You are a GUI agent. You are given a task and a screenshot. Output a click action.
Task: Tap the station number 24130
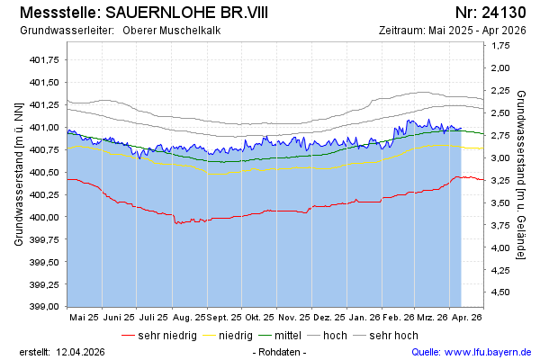[504, 13]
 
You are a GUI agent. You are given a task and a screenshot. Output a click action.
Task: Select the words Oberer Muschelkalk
[176, 31]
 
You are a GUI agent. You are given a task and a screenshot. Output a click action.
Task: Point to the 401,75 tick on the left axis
[44, 59]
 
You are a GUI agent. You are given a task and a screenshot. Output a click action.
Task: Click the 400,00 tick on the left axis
[44, 217]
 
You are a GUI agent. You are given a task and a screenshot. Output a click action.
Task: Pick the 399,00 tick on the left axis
[44, 307]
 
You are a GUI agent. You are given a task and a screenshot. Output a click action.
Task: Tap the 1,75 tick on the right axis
[502, 68]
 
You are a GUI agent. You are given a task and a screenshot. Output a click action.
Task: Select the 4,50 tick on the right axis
[502, 292]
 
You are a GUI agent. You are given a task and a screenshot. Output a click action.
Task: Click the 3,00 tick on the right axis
[502, 157]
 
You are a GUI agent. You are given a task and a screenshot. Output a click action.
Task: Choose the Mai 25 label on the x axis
[84, 318]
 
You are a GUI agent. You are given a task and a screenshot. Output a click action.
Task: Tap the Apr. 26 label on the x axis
[467, 318]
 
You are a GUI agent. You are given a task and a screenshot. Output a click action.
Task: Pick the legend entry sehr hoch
[393, 336]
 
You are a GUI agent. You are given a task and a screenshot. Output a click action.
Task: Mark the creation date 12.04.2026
[82, 351]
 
